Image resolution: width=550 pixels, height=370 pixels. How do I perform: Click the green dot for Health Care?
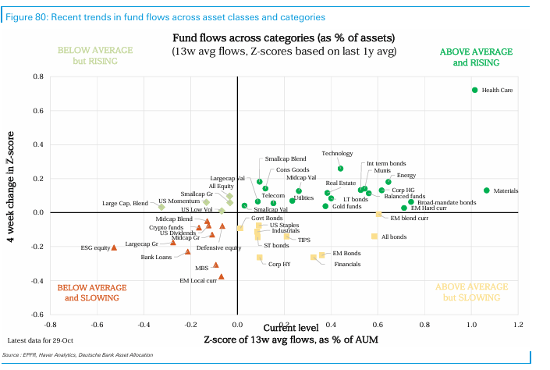pos(474,90)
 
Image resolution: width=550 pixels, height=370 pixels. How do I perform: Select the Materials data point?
pos(487,190)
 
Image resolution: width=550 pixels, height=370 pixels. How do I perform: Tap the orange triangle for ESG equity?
pos(114,247)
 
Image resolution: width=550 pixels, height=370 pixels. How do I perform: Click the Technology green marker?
pos(340,169)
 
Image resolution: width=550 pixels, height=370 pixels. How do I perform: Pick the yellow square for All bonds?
pos(374,236)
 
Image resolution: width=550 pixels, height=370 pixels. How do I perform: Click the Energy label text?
pos(406,176)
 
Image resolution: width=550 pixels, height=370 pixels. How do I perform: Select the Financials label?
pos(346,265)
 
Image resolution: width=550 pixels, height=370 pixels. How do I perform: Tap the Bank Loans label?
pos(155,257)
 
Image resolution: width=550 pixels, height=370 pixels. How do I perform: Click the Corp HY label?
pos(279,265)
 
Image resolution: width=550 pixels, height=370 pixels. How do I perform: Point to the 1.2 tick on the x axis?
pos(518,324)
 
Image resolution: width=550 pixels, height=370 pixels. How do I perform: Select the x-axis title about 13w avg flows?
pos(283,340)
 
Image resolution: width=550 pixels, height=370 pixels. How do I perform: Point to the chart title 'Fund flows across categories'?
pos(283,37)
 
